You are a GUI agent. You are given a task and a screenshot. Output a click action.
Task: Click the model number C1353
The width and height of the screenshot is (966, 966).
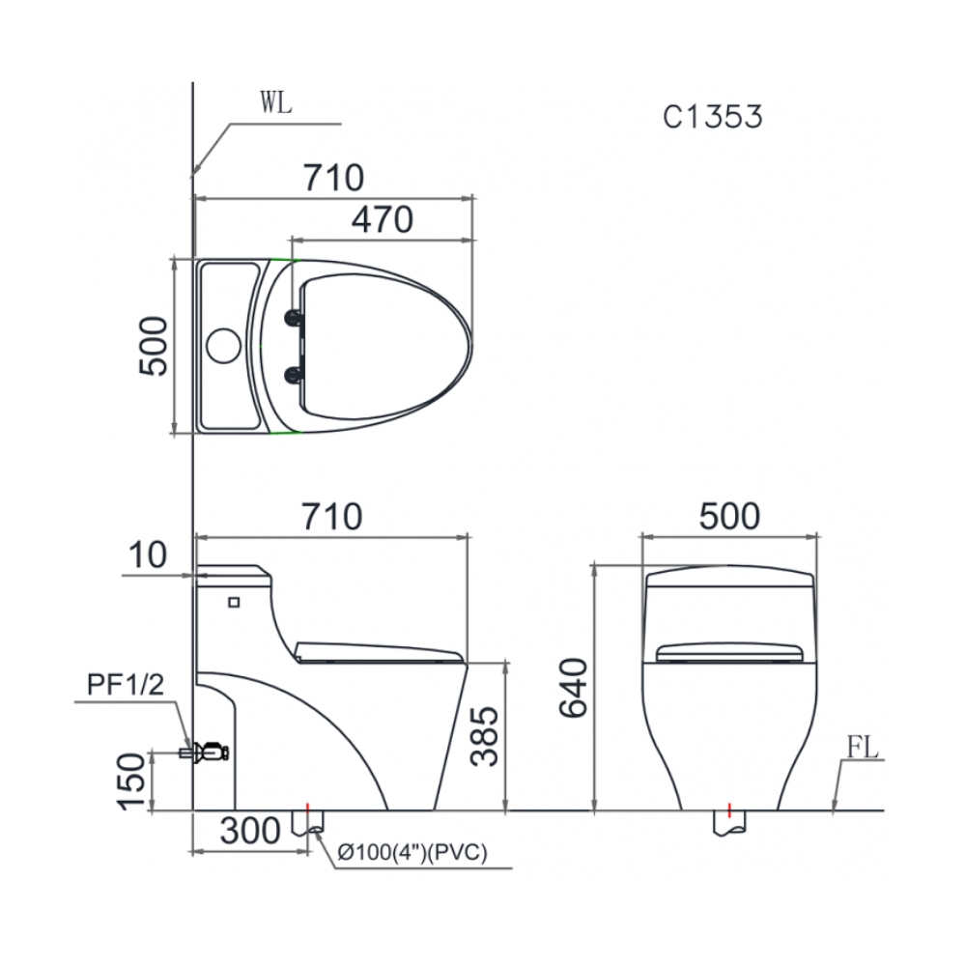713,116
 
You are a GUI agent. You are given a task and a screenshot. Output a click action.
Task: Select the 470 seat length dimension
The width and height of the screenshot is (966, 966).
382,220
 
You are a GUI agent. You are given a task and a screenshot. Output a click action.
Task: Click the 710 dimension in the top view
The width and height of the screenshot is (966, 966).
333,179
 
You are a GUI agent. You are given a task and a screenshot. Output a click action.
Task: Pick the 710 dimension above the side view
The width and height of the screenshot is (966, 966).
331,517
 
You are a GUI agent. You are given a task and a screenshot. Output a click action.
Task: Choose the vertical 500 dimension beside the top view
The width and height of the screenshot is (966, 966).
153,346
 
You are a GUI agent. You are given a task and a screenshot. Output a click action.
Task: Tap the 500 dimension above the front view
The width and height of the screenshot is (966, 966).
729,517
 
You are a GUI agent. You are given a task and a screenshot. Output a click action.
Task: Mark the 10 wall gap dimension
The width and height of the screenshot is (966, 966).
146,555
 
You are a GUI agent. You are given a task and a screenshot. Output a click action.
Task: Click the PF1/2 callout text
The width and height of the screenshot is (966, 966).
127,686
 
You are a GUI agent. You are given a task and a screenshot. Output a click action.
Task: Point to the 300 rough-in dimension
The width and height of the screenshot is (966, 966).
247,830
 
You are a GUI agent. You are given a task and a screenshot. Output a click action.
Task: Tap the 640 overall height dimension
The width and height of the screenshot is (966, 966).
574,688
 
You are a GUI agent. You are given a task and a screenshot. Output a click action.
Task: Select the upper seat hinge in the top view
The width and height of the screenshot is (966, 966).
292,317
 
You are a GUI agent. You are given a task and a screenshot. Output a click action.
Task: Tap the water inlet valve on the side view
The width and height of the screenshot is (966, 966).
209,751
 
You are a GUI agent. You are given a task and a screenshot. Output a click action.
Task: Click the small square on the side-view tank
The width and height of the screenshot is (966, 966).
232,603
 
